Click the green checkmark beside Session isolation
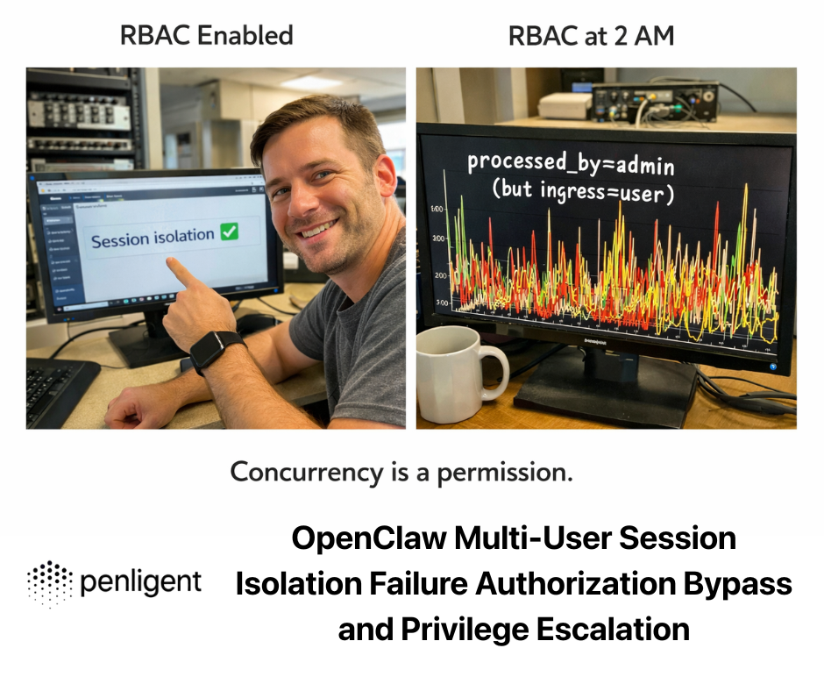point(229,232)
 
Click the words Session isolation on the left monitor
point(153,238)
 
